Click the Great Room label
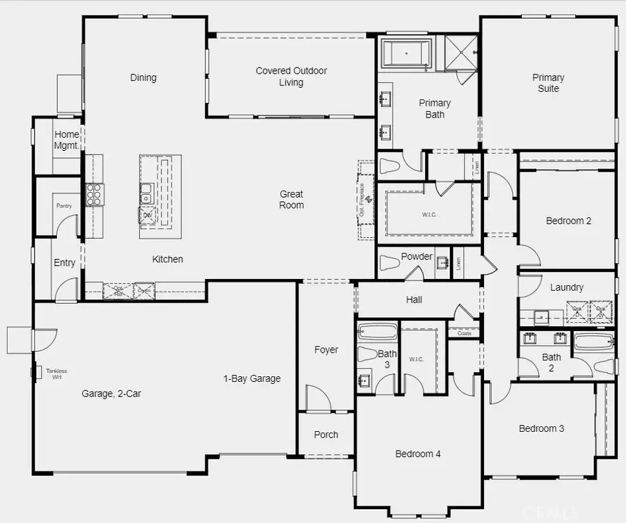click(291, 200)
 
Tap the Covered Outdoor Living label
click(291, 77)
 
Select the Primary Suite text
click(548, 83)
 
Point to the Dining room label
click(143, 77)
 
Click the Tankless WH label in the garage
click(56, 373)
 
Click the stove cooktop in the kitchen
click(94, 194)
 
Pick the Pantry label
click(64, 206)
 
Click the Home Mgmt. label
click(67, 140)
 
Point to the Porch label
click(326, 435)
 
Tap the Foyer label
click(326, 350)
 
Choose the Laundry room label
click(566, 287)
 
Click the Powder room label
click(417, 257)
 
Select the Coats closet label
click(464, 333)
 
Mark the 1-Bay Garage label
click(252, 378)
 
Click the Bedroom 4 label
click(417, 454)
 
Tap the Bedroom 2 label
click(568, 220)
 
